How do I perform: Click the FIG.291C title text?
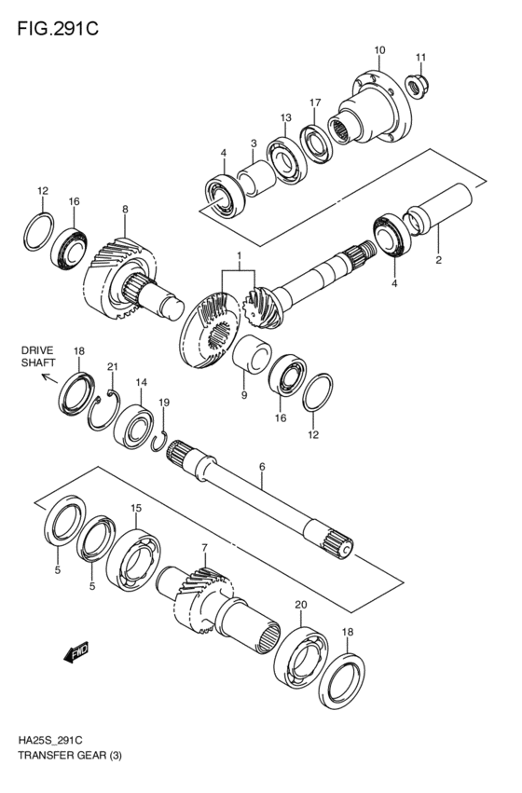(x=57, y=27)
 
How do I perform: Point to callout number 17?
(x=315, y=103)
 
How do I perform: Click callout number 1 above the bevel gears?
(x=239, y=255)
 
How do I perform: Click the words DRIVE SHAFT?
(x=39, y=357)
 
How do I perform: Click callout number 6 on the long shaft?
(x=262, y=466)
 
